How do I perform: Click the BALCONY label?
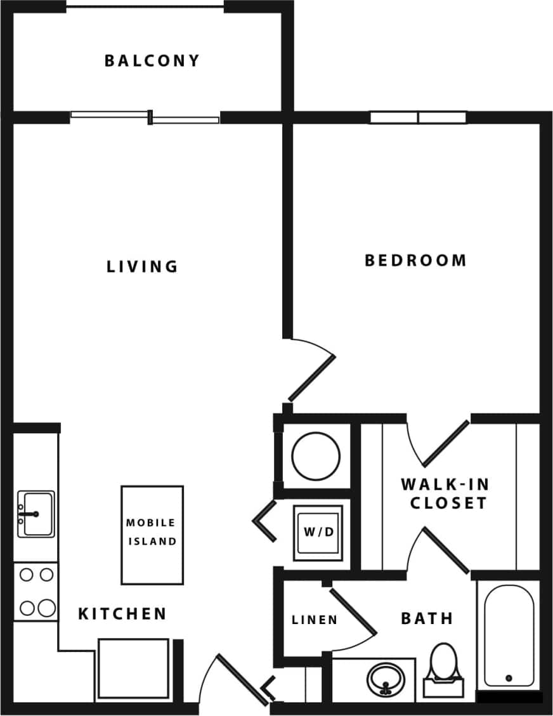click(x=152, y=61)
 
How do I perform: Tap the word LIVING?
click(x=142, y=266)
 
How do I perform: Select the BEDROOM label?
click(x=415, y=261)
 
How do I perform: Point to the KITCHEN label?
click(x=122, y=614)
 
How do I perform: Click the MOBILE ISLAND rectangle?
click(x=152, y=535)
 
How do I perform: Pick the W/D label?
click(x=318, y=532)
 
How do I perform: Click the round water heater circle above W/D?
click(x=316, y=455)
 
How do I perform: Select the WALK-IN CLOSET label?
click(x=445, y=494)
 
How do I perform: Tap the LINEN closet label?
click(x=315, y=620)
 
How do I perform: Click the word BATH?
click(x=427, y=618)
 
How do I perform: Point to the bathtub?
click(x=509, y=634)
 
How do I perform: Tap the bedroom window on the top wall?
click(x=418, y=117)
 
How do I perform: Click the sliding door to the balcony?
click(x=146, y=117)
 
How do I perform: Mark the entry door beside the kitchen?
click(x=241, y=679)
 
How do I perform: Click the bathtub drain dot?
click(x=509, y=678)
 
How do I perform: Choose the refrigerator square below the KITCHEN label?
click(x=133, y=669)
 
